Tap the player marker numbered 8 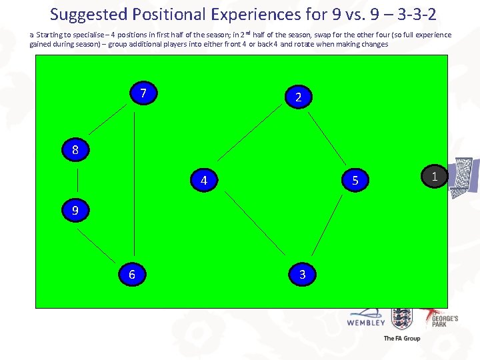tap(75, 150)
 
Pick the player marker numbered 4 tap(204, 181)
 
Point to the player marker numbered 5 tap(355, 180)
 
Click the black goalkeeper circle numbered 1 tap(435, 176)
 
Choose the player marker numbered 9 tap(75, 211)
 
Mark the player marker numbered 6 tap(132, 274)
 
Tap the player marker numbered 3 tap(303, 274)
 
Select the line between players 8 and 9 tap(77, 181)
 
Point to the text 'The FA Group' tap(401, 339)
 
